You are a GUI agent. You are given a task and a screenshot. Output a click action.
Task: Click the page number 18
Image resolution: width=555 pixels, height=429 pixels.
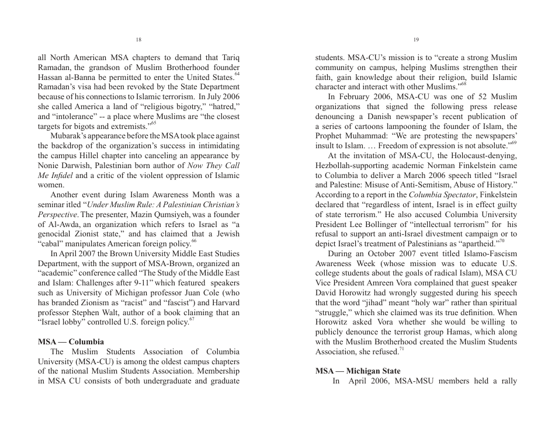138,40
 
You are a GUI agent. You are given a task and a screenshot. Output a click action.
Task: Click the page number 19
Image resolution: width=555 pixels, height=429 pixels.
415,40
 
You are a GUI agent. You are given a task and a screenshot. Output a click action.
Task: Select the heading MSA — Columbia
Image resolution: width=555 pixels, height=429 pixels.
71,341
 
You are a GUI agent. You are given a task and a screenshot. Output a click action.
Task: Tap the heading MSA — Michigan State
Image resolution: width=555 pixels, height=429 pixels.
358,371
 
